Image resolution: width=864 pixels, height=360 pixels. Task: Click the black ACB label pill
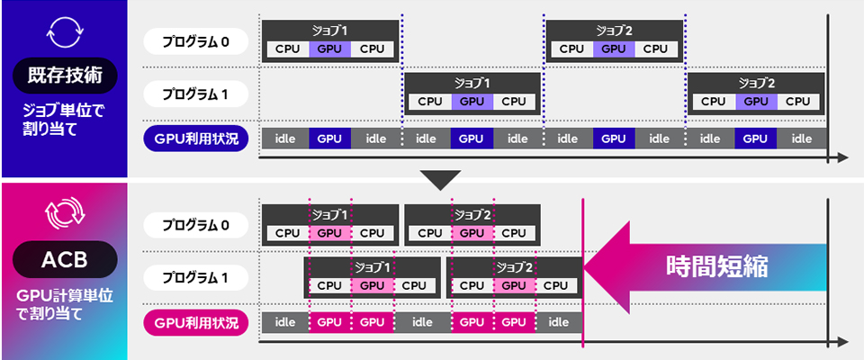point(64,260)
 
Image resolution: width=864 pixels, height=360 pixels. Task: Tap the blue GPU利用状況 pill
point(195,139)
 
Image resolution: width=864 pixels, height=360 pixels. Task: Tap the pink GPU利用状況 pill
point(195,322)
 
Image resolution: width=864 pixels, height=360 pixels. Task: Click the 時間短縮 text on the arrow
point(717,266)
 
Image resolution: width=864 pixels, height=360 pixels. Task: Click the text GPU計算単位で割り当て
point(64,304)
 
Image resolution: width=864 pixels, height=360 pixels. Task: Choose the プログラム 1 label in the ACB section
point(195,276)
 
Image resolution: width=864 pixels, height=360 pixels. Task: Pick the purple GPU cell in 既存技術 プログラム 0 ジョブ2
point(613,49)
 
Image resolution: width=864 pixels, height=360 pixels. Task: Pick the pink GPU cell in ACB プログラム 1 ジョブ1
point(372,285)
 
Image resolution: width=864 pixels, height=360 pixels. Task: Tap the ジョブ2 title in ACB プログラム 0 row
point(472,215)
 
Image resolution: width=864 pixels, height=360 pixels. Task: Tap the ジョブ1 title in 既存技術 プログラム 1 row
point(472,83)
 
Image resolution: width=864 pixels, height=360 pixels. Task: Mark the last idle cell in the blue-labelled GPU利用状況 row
point(801,139)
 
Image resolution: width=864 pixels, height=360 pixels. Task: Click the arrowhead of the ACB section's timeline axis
point(842,342)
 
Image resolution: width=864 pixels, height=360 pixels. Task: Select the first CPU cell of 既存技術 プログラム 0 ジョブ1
point(287,49)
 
